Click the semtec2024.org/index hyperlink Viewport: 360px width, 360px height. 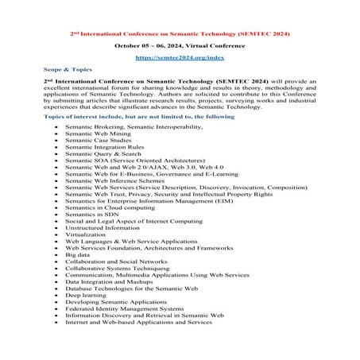[179, 58]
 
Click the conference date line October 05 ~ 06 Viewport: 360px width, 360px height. [179, 45]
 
